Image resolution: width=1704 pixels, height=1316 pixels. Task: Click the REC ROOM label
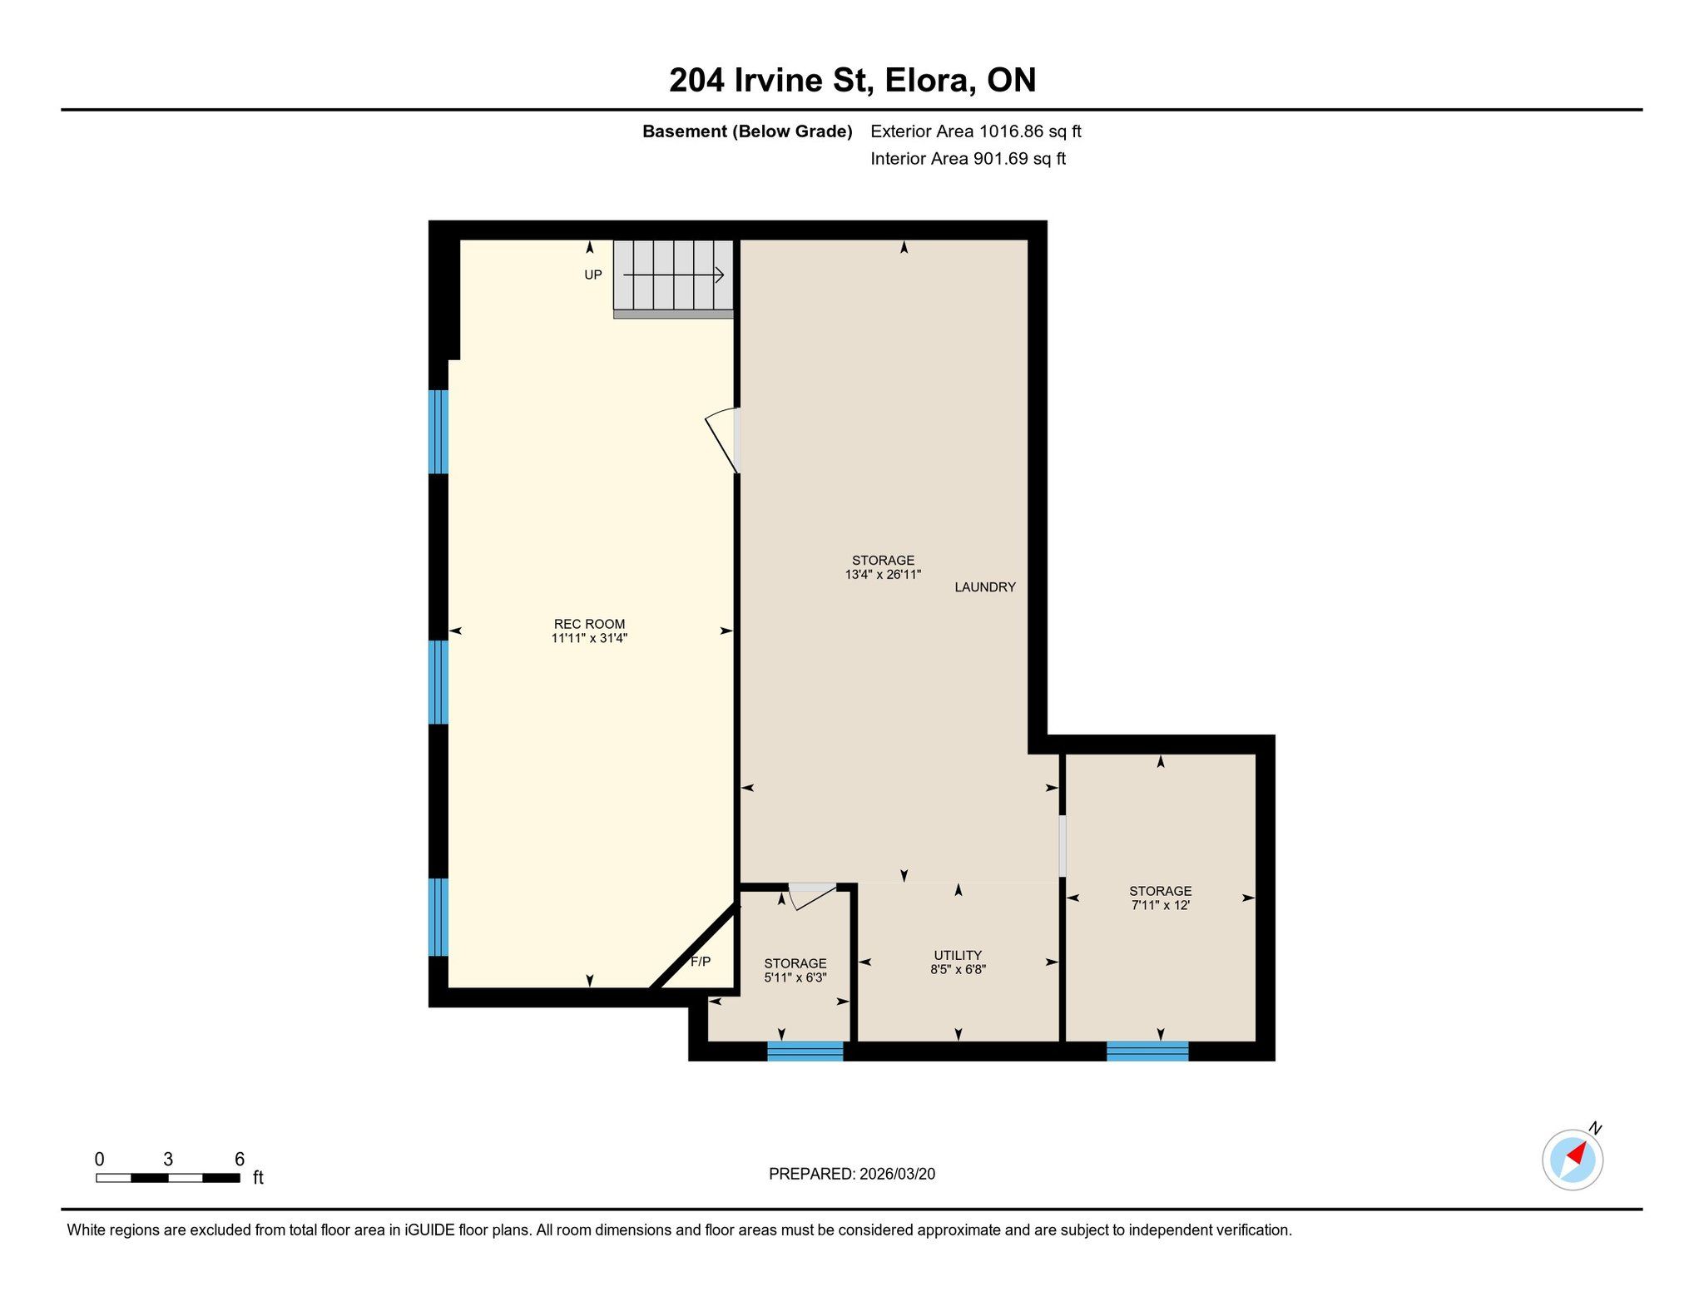pos(589,624)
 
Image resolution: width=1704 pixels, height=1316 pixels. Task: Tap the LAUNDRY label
pos(985,587)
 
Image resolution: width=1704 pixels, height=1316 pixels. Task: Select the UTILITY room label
pos(958,955)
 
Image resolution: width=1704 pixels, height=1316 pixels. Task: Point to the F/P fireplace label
pos(701,962)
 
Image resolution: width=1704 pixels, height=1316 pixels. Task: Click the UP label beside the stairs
pos(593,275)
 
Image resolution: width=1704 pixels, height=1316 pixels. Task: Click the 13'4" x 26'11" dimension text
pos(884,574)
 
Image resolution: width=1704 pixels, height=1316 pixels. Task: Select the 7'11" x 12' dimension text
pos(1161,905)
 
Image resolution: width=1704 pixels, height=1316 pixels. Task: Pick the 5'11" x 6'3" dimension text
pos(795,977)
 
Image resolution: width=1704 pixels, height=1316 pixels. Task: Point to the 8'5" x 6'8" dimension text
pos(958,969)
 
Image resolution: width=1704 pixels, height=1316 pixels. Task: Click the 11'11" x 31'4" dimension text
pos(589,638)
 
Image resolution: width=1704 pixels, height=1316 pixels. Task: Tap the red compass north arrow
pos(1577,1154)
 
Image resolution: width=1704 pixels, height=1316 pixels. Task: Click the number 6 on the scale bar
pos(240,1160)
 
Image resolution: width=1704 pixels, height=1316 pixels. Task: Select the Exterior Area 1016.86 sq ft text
pos(976,131)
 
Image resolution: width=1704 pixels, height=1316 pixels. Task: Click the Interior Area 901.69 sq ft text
pos(968,159)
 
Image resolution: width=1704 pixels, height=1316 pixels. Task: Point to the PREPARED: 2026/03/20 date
pos(852,1174)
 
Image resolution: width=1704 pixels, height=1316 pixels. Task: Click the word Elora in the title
pos(930,80)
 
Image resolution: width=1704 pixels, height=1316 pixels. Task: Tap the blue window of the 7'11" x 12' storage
pos(1147,1051)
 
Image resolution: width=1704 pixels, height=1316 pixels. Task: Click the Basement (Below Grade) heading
pos(747,131)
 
